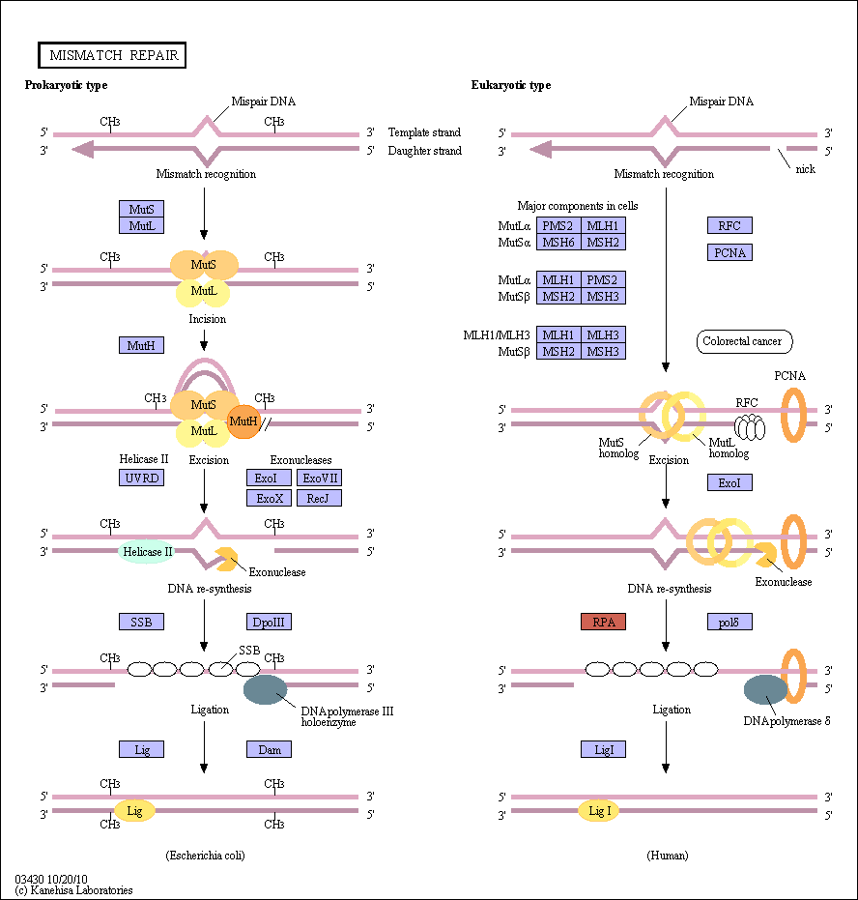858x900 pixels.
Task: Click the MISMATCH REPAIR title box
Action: [112, 55]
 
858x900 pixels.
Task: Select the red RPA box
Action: [603, 622]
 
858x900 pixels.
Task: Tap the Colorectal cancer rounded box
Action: [744, 341]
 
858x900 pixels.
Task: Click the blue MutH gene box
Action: [141, 345]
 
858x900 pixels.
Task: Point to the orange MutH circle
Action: [243, 421]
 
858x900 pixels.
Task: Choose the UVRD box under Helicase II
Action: [141, 479]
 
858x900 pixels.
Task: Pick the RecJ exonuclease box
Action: [319, 498]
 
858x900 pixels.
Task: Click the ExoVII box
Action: [319, 479]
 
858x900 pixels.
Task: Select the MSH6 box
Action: [558, 243]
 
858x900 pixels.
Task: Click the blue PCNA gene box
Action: [729, 252]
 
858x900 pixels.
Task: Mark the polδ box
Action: [729, 622]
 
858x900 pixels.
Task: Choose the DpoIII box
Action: [269, 622]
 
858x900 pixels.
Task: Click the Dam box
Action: [269, 749]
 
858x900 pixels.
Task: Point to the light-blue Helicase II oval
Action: [147, 552]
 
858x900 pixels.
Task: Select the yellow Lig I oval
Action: [599, 811]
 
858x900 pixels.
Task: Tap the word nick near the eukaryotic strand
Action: [805, 169]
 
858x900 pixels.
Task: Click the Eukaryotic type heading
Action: [511, 85]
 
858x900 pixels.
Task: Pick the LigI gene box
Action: [603, 749]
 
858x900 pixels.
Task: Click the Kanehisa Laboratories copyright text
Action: [74, 890]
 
